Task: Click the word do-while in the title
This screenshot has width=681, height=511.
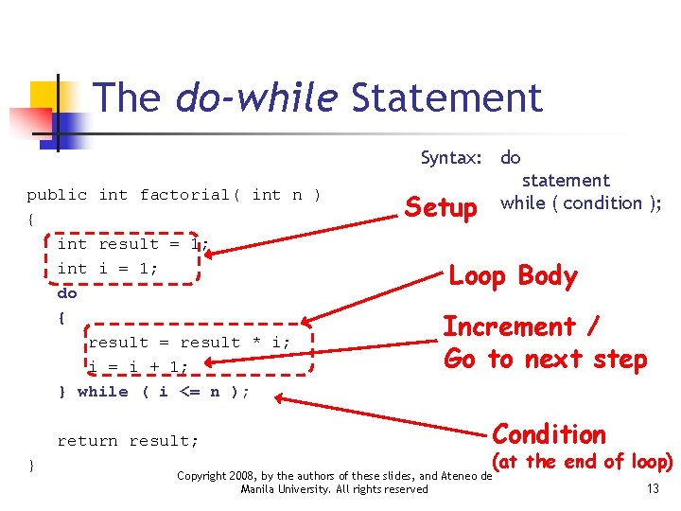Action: point(256,97)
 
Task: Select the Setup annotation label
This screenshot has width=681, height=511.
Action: point(441,207)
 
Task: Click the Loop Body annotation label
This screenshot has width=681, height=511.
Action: point(513,276)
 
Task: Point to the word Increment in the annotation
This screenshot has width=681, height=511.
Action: point(510,327)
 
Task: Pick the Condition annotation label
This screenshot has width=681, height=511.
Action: point(550,434)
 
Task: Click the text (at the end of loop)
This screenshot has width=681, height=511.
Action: point(584,463)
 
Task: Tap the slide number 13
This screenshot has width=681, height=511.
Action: point(653,488)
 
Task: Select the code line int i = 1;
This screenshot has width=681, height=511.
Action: point(108,268)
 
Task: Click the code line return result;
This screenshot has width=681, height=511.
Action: point(129,441)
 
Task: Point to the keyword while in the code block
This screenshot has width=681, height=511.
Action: point(102,392)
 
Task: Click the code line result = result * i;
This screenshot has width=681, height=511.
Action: point(189,343)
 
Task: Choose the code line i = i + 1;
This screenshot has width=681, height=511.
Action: point(138,367)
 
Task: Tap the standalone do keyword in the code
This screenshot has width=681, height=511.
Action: point(67,293)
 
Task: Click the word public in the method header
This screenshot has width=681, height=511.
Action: point(57,195)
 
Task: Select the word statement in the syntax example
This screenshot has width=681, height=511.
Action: point(566,180)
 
